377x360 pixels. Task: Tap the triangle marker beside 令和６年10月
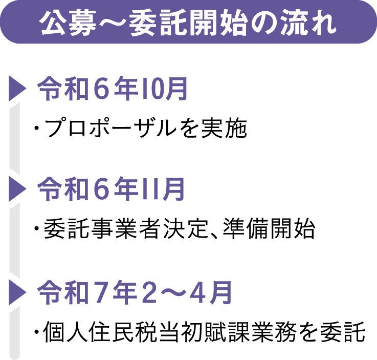16,89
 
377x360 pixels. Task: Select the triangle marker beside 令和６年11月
16,190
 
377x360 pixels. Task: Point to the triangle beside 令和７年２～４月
16,292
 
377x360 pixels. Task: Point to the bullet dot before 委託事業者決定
37,229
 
